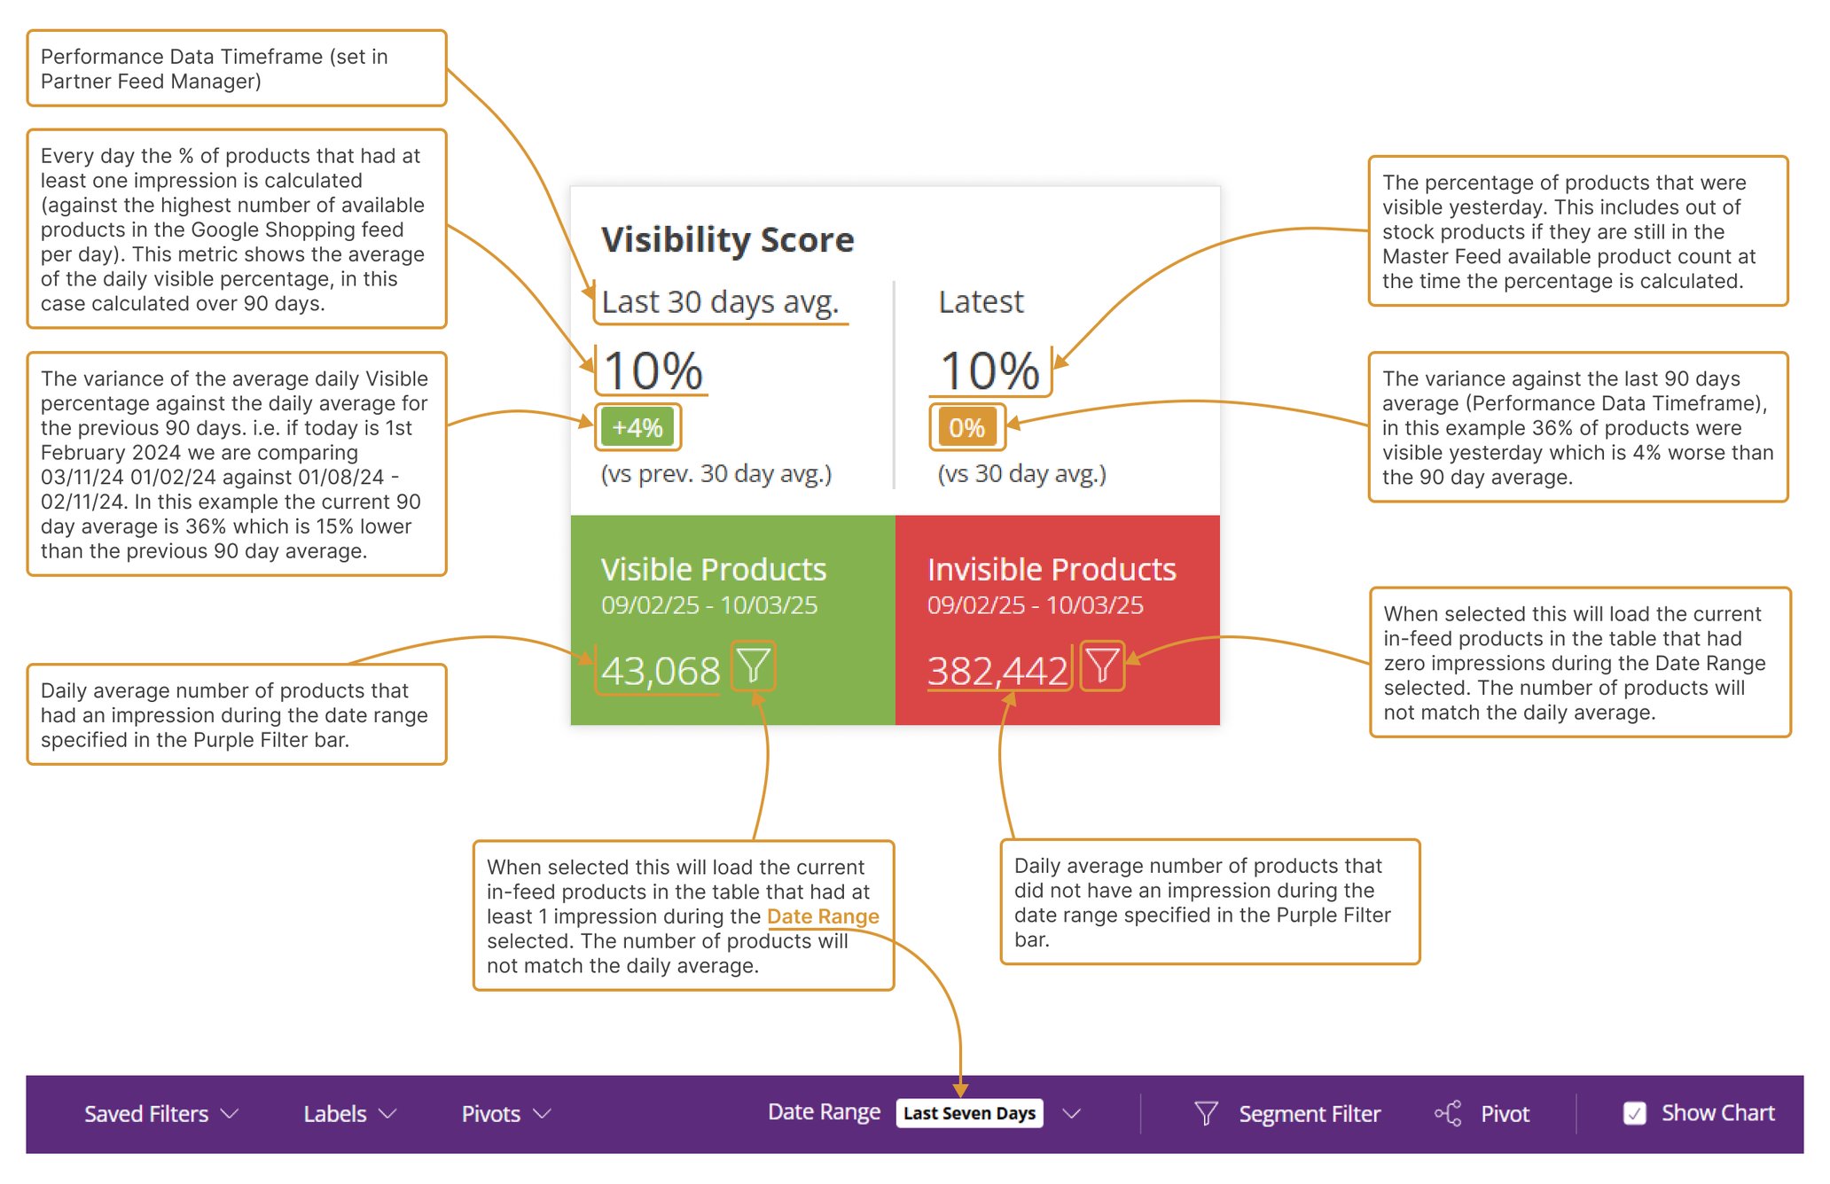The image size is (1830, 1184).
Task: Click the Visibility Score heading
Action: click(x=727, y=239)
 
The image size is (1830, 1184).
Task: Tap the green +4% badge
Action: click(x=637, y=427)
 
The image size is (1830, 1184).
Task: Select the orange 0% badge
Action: click(x=966, y=427)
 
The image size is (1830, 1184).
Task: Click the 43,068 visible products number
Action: click(x=660, y=671)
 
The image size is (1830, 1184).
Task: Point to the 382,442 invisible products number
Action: click(x=997, y=671)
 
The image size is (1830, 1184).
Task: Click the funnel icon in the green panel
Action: click(x=754, y=666)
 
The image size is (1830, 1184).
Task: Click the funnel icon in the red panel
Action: click(x=1102, y=666)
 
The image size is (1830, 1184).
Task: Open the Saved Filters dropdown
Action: click(x=160, y=1114)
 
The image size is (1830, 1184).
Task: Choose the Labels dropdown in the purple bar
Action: click(x=348, y=1114)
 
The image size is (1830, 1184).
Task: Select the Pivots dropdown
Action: click(x=505, y=1114)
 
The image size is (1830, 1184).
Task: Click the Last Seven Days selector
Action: click(x=969, y=1113)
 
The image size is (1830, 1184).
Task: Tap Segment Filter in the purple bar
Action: click(x=1308, y=1114)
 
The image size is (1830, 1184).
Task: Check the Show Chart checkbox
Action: click(x=1634, y=1113)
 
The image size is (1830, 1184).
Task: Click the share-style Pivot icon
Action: click(x=1448, y=1114)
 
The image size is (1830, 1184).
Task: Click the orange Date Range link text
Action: click(x=822, y=916)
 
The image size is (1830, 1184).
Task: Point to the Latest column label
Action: click(x=981, y=302)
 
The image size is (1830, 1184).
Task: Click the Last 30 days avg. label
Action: click(x=719, y=302)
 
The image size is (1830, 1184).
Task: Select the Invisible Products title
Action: click(x=1052, y=569)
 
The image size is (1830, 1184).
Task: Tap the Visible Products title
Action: click(x=713, y=569)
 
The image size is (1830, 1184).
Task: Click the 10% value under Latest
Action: click(x=989, y=370)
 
